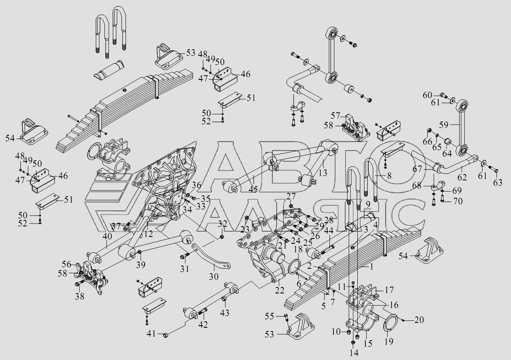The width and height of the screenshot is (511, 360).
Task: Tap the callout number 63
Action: click(x=498, y=182)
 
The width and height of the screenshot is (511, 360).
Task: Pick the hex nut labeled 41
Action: click(x=165, y=335)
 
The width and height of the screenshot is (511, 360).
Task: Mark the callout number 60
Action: click(x=428, y=95)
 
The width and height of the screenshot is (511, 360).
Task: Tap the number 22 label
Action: click(x=279, y=290)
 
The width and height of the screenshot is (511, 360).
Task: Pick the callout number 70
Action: click(x=457, y=201)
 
